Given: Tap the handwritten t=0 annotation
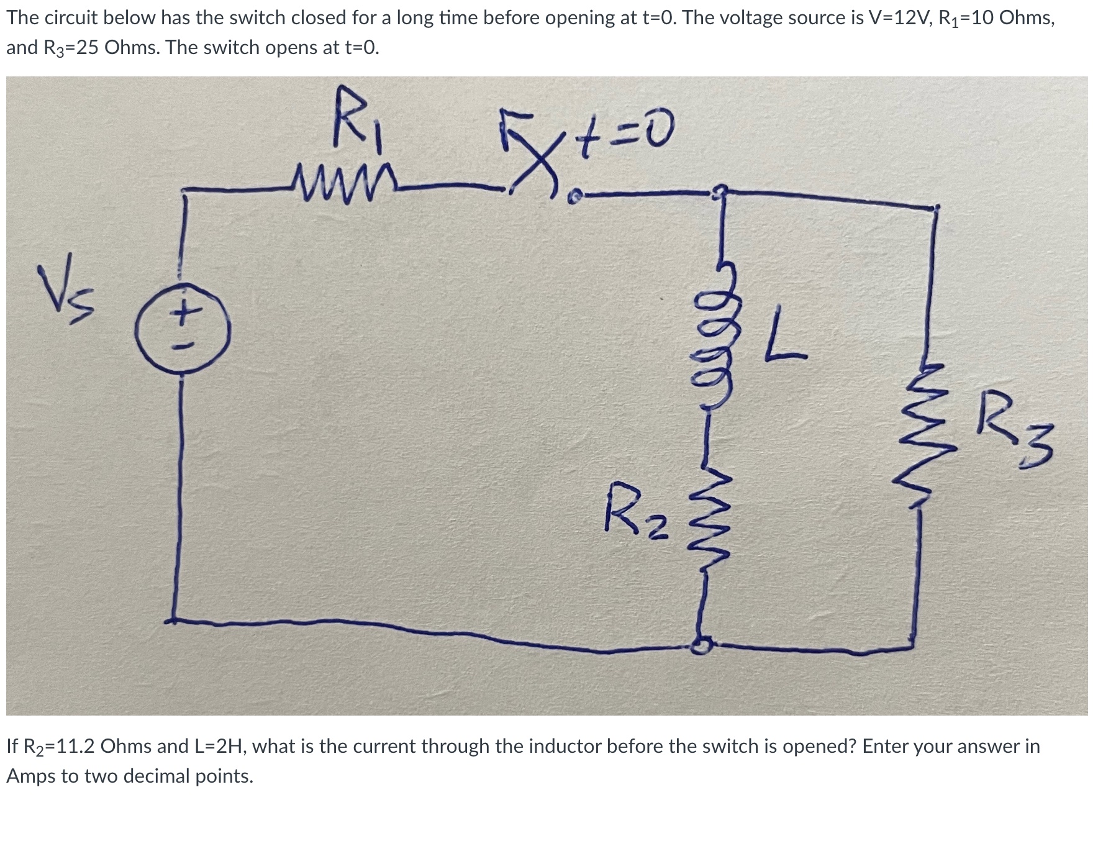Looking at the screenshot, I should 620,130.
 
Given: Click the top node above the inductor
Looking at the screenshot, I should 720,193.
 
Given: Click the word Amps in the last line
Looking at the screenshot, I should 30,776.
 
